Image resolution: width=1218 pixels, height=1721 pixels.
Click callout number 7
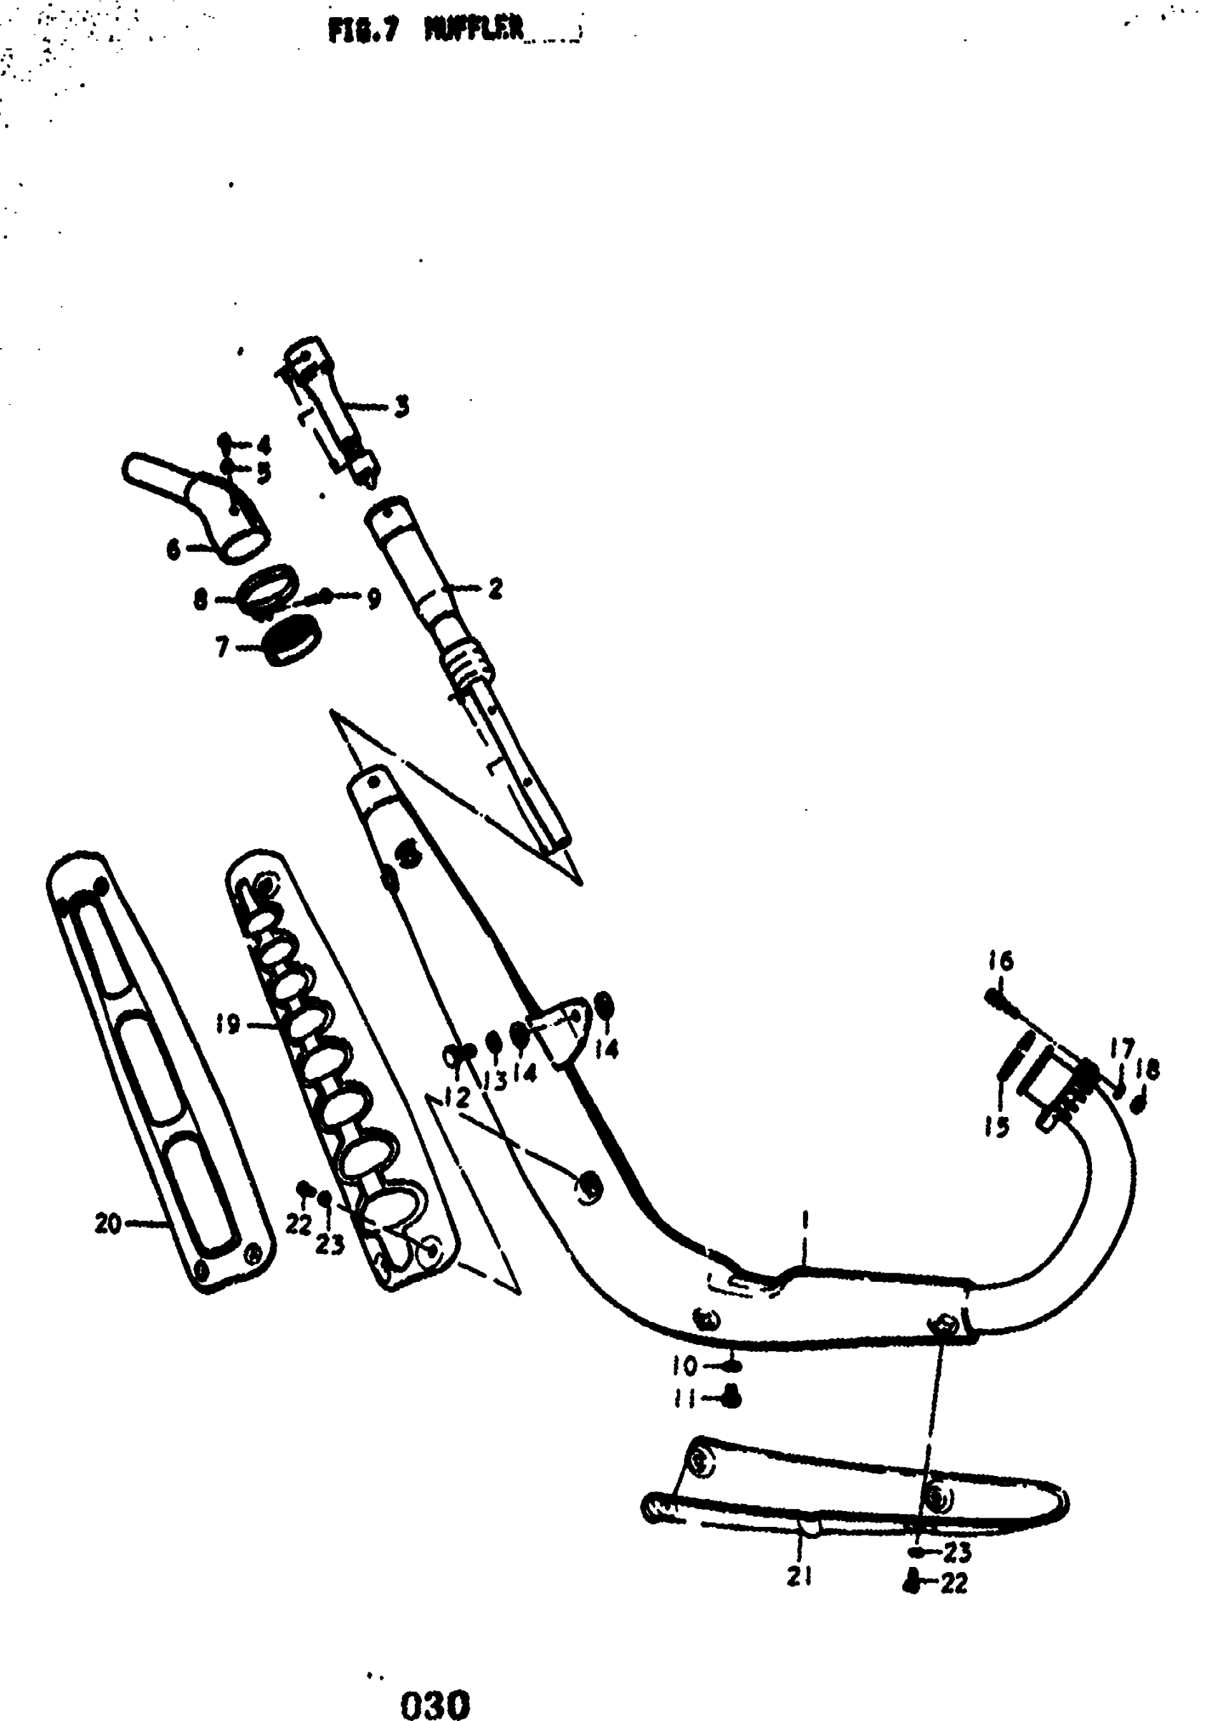222,646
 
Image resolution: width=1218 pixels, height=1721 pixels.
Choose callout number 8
200,600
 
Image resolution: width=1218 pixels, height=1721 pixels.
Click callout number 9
374,598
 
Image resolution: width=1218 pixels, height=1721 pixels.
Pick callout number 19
227,1024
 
